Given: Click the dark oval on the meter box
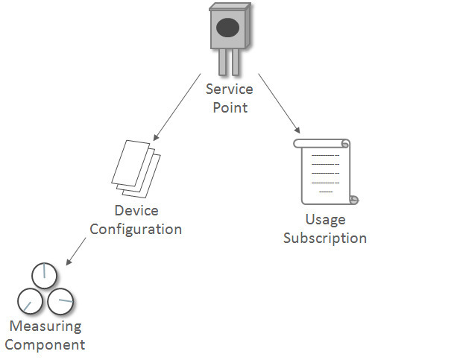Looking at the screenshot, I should [x=228, y=28].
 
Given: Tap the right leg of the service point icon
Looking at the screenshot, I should [x=236, y=63].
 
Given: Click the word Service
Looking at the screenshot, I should [x=229, y=89].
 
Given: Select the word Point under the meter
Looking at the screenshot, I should [x=229, y=107].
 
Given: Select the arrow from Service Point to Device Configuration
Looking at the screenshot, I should [x=177, y=107].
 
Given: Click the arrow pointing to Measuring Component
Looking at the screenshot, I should [x=79, y=251].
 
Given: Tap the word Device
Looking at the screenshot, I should [x=136, y=211].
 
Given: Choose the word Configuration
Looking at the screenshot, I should [x=136, y=229].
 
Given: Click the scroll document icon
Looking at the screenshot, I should [x=325, y=171].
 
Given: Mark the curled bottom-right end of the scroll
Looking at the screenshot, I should [x=353, y=199].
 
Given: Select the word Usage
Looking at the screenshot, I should [x=325, y=220].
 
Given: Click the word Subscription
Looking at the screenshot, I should [x=325, y=239].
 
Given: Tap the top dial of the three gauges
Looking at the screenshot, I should [x=44, y=276].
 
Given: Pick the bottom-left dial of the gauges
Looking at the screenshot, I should [x=30, y=301].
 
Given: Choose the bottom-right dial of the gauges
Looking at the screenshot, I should [x=60, y=300].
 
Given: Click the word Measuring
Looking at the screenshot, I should [x=45, y=326].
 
